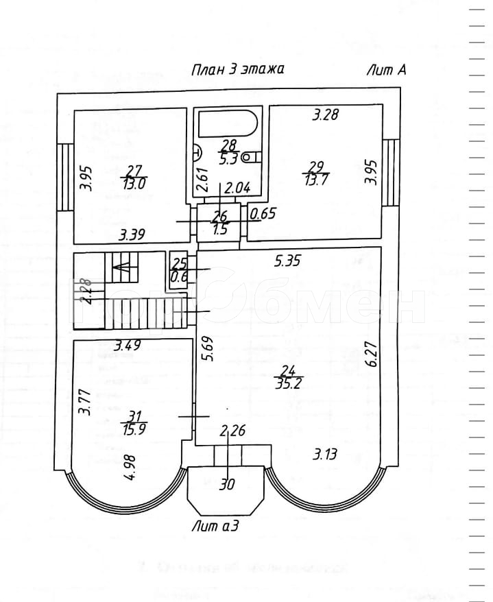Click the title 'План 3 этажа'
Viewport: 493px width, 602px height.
(237, 70)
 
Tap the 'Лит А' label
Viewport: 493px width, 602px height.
(387, 70)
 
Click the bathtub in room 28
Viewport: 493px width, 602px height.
(228, 125)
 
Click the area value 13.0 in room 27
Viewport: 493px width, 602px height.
(134, 184)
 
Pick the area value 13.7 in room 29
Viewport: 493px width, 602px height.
(316, 179)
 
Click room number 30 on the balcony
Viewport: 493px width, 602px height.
(227, 484)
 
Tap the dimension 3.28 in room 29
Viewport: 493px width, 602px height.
(326, 115)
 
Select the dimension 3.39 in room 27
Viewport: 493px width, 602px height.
(132, 235)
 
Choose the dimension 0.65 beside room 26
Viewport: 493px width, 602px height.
(263, 213)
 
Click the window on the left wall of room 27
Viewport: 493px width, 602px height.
(65, 176)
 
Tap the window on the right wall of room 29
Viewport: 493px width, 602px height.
(390, 172)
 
